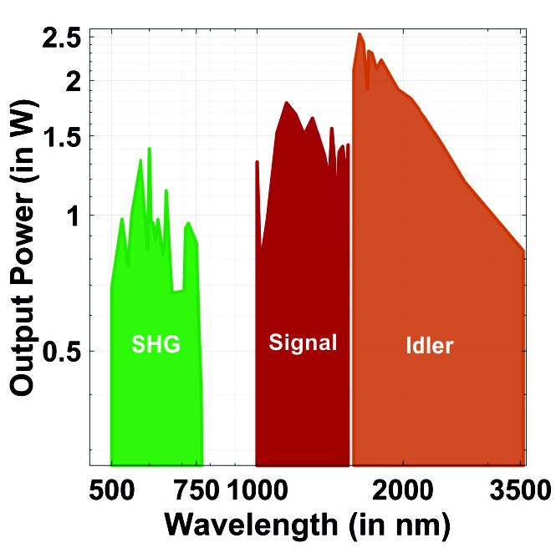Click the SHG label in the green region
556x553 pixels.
(156, 344)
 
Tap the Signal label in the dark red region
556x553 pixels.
(303, 342)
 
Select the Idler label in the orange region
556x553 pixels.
(428, 344)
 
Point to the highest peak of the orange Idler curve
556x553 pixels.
(360, 34)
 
